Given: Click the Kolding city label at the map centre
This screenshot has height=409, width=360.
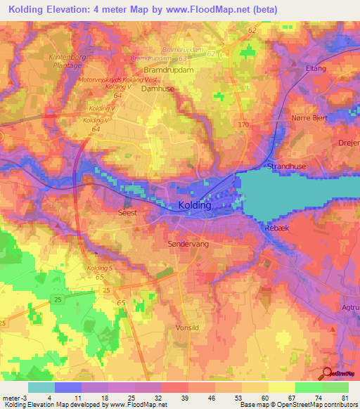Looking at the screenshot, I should click(190, 205).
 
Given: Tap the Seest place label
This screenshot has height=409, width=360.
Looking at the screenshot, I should click(127, 212).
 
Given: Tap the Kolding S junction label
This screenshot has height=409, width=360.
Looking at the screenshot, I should click(99, 268).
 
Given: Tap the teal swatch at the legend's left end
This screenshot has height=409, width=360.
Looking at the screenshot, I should click(41, 387).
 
